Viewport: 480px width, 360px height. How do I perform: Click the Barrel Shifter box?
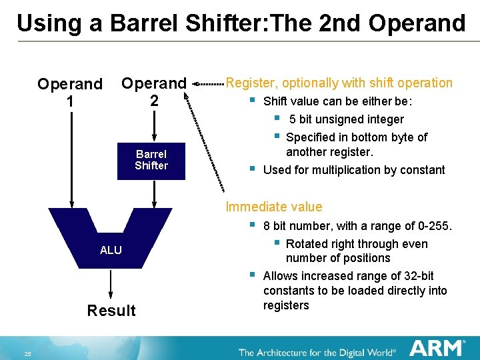[151, 160]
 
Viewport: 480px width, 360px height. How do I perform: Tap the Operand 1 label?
[70, 93]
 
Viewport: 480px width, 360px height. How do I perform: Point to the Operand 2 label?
[153, 92]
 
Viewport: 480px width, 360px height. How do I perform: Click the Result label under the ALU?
[111, 311]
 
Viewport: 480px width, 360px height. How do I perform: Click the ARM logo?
[437, 348]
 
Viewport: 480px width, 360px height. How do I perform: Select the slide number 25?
[28, 353]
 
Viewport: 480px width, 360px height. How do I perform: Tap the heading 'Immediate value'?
[274, 207]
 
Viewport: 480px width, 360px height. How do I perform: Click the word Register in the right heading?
[251, 83]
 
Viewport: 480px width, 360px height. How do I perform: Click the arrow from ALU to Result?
[111, 285]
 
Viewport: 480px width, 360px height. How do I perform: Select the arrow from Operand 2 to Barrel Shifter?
[154, 126]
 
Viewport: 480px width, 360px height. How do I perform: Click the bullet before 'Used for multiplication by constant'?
[252, 169]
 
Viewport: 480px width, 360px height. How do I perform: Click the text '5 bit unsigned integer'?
[347, 119]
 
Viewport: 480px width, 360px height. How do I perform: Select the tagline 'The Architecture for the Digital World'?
[317, 352]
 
